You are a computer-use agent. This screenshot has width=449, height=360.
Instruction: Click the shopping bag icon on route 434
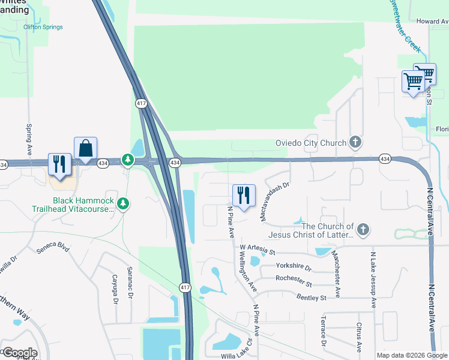point(86,148)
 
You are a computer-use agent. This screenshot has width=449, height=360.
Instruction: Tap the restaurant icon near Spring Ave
point(59,164)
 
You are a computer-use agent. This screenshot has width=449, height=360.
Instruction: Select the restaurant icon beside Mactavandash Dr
point(244,196)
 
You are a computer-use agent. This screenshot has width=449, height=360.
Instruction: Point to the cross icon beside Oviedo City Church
point(355,142)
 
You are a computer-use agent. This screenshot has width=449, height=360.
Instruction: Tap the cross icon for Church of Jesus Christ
point(362,229)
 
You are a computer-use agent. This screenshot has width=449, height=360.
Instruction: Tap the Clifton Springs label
point(43,27)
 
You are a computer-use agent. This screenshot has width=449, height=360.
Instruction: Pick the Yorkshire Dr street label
point(294,266)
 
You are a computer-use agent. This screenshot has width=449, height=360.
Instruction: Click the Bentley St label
point(310,298)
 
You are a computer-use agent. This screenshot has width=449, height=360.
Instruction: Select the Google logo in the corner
point(20,353)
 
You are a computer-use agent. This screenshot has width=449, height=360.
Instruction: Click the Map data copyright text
point(412,355)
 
